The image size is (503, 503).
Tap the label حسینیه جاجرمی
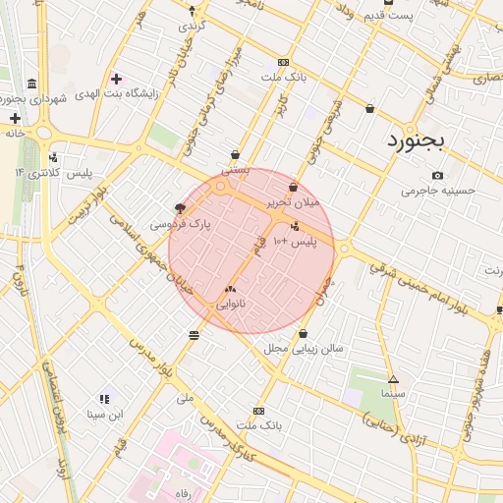(438, 190)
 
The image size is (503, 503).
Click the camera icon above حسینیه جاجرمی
(437, 175)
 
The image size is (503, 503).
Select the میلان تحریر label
(294, 202)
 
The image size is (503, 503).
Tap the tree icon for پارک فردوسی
(179, 208)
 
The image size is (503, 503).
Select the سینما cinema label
(393, 393)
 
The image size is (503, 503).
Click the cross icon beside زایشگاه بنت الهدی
(117, 79)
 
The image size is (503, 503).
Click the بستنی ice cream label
(236, 169)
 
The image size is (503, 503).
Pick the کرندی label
(191, 25)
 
